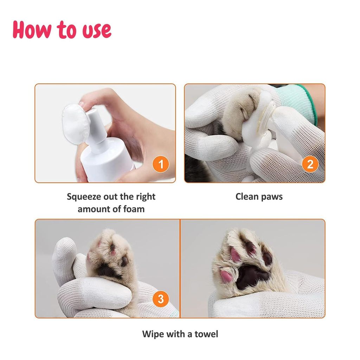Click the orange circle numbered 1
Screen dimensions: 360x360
[161, 164]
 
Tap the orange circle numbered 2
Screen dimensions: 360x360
[310, 164]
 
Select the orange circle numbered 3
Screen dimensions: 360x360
[161, 299]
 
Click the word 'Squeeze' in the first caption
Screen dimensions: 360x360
[83, 197]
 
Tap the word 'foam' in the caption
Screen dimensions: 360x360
[134, 209]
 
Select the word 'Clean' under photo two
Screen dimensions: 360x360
[247, 197]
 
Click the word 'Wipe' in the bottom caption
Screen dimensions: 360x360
[153, 334]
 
